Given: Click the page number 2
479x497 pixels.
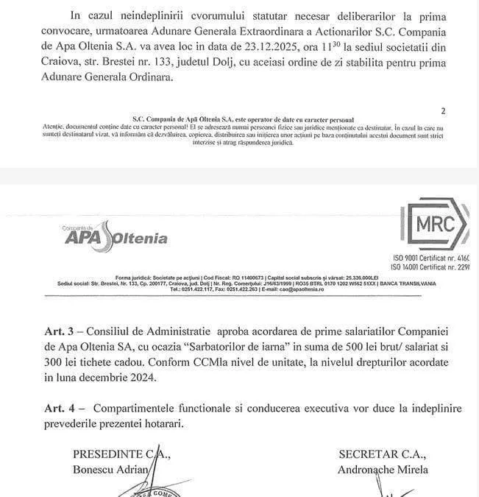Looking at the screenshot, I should [x=442, y=111].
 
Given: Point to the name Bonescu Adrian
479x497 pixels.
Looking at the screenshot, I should [x=110, y=470].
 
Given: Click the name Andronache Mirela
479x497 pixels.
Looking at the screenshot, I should [x=382, y=470].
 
